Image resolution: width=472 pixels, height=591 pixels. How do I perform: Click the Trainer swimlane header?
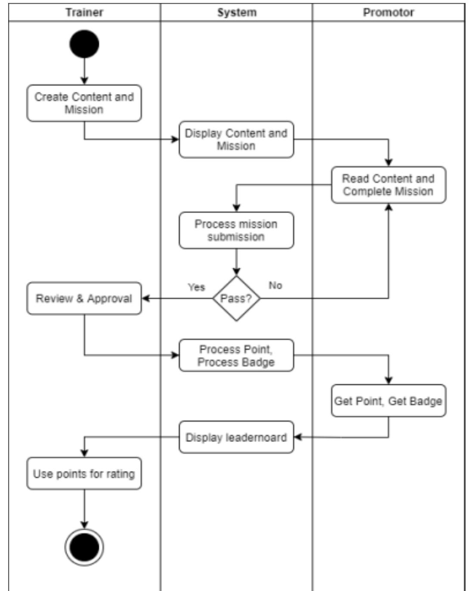click(84, 12)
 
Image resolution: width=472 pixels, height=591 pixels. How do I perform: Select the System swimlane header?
click(236, 12)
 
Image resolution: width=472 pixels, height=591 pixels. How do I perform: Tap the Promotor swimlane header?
click(388, 12)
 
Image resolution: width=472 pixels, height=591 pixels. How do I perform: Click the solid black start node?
click(84, 44)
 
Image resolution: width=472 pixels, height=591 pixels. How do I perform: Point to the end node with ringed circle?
click(84, 547)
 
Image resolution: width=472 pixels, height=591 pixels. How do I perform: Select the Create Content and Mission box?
click(84, 103)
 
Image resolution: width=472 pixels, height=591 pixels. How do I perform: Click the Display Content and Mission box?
click(236, 139)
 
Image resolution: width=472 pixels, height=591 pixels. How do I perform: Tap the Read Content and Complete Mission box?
click(388, 185)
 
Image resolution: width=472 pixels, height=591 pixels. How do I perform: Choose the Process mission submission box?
click(236, 230)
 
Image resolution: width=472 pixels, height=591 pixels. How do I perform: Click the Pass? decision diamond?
click(236, 298)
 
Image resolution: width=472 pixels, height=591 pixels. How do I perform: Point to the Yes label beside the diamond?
click(196, 287)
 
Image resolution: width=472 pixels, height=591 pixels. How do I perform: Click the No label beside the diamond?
click(275, 285)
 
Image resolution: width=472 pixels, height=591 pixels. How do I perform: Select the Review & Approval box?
click(84, 298)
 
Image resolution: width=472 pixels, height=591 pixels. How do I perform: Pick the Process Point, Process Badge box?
click(236, 356)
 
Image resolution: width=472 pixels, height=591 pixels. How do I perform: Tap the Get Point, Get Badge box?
click(388, 401)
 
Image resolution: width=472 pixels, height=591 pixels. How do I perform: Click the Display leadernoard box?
click(236, 437)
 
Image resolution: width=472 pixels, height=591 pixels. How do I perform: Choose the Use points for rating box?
click(84, 473)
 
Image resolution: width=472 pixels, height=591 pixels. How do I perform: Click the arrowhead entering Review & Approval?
click(146, 298)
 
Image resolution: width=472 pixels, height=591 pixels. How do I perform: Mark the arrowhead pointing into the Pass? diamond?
click(236, 272)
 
